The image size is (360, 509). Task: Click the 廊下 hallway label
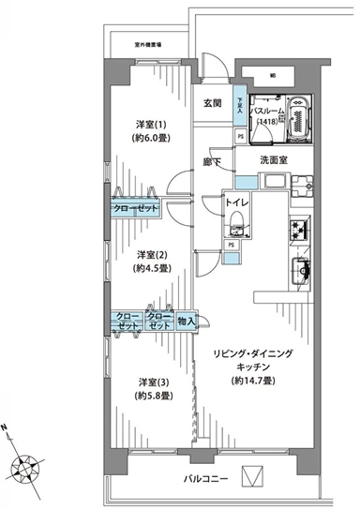pyautogui.click(x=215, y=160)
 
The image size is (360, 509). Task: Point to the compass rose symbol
pyautogui.click(x=26, y=465)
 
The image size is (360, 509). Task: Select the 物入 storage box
pyautogui.click(x=186, y=321)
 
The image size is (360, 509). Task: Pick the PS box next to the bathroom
pyautogui.click(x=241, y=135)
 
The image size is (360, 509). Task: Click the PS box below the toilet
pyautogui.click(x=229, y=246)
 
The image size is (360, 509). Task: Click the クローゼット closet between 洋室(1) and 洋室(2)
pyautogui.click(x=138, y=207)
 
